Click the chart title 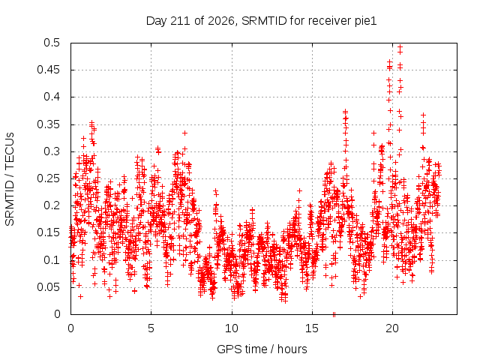coord(261,21)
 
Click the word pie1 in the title coord(366,21)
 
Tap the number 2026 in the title coord(220,21)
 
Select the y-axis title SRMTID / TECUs coord(10,179)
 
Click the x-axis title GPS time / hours coord(262,349)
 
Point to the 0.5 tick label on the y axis coord(52,43)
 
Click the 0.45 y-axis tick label coord(48,70)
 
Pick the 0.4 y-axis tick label coord(52,97)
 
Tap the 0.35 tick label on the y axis coord(48,124)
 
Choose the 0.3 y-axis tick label coord(52,151)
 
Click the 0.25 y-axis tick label coord(48,178)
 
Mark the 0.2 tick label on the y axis coord(52,205)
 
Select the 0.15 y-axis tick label coord(48,232)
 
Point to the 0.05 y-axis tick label coord(48,287)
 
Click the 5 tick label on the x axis coord(151,328)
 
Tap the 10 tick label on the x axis coord(232,328)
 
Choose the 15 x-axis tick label coord(312,328)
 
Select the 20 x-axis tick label coord(392,328)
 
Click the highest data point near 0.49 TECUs coord(400,47)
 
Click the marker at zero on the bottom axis coord(334,314)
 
